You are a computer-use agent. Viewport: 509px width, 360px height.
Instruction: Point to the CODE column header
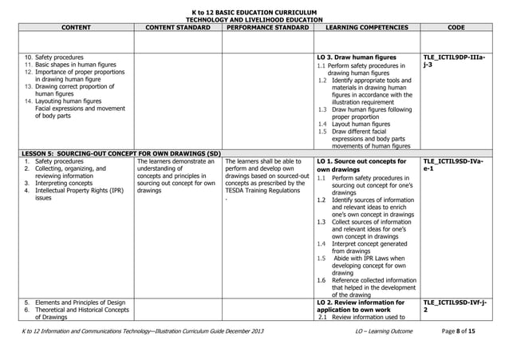coord(457,28)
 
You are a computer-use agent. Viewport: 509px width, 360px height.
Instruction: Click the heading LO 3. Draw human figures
coord(356,57)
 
